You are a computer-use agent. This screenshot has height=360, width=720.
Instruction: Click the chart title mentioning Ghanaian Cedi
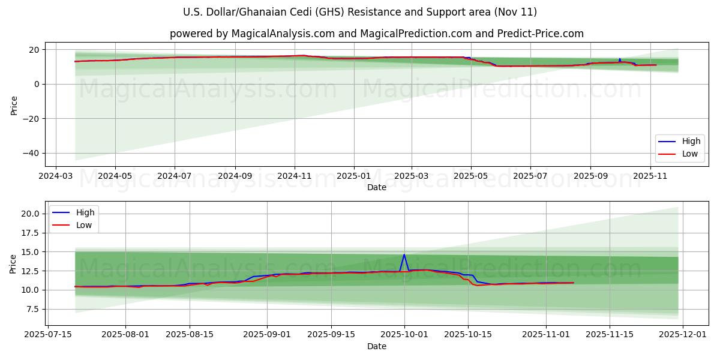pos(359,12)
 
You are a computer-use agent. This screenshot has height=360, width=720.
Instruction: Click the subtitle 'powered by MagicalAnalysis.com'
pos(376,34)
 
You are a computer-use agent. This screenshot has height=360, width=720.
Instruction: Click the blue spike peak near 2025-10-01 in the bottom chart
pos(404,254)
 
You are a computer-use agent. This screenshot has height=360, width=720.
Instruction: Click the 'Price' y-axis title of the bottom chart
pos(13,263)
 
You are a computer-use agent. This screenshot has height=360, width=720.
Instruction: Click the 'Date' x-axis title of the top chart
pos(376,188)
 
